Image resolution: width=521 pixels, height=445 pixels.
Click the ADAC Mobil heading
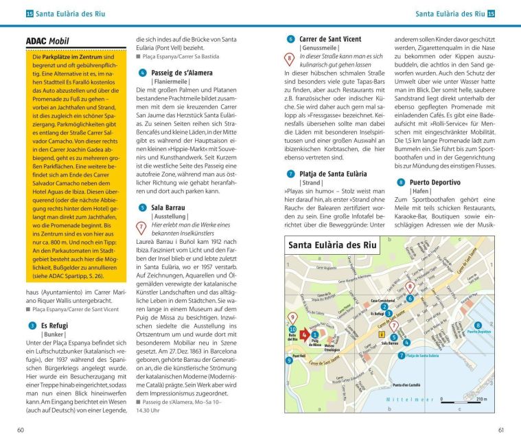tap(47, 42)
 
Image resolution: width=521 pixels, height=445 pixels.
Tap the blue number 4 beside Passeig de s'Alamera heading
tap(141, 72)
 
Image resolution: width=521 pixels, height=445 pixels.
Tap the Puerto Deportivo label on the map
tap(479, 331)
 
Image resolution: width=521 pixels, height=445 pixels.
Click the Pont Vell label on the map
tap(299, 355)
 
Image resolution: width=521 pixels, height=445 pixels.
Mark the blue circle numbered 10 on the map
tap(292, 329)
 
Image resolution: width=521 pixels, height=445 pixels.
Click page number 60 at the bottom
tap(21, 430)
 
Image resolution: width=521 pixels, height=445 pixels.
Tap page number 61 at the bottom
tap(500, 430)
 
